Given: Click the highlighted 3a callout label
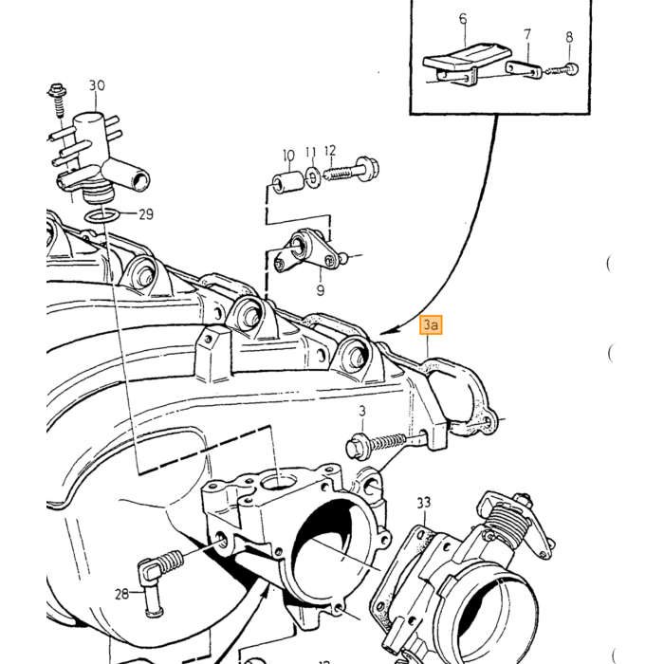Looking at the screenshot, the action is (x=431, y=324).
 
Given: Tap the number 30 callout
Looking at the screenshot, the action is (x=97, y=86).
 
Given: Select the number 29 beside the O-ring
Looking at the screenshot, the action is (x=146, y=214).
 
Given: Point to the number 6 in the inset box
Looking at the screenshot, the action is (x=463, y=19).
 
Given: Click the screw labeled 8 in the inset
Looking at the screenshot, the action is (x=562, y=70).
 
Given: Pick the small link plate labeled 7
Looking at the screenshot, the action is (x=524, y=69).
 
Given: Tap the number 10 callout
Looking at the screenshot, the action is (x=288, y=156).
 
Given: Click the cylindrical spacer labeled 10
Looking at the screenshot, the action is (x=287, y=182).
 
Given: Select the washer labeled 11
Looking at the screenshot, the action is (x=312, y=178).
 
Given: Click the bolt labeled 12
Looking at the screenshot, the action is (x=352, y=170).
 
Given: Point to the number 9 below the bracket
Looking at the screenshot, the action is (x=321, y=290).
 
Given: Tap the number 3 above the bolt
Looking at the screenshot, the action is (x=362, y=411).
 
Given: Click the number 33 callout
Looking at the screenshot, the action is (x=424, y=503).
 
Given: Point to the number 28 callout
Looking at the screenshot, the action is (x=122, y=594).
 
